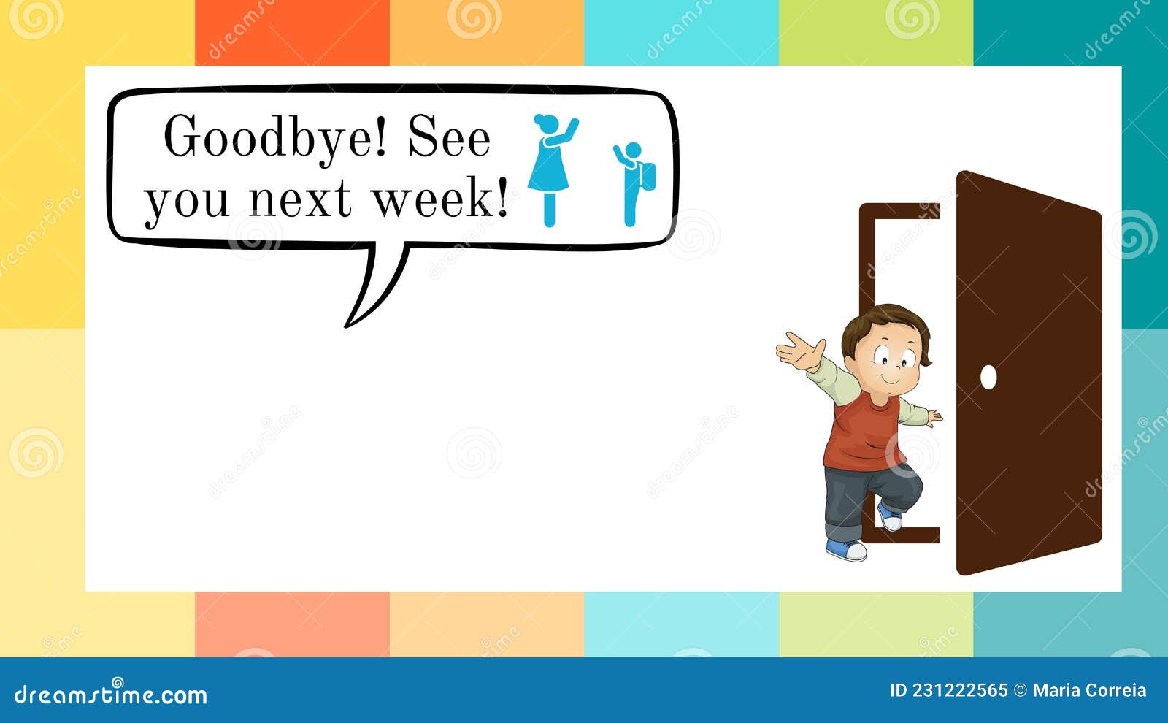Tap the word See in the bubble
click(448, 137)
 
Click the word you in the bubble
click(186, 200)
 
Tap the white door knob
click(988, 377)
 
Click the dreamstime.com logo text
click(111, 693)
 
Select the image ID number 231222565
click(959, 691)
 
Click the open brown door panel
click(1029, 372)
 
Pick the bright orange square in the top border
click(292, 33)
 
